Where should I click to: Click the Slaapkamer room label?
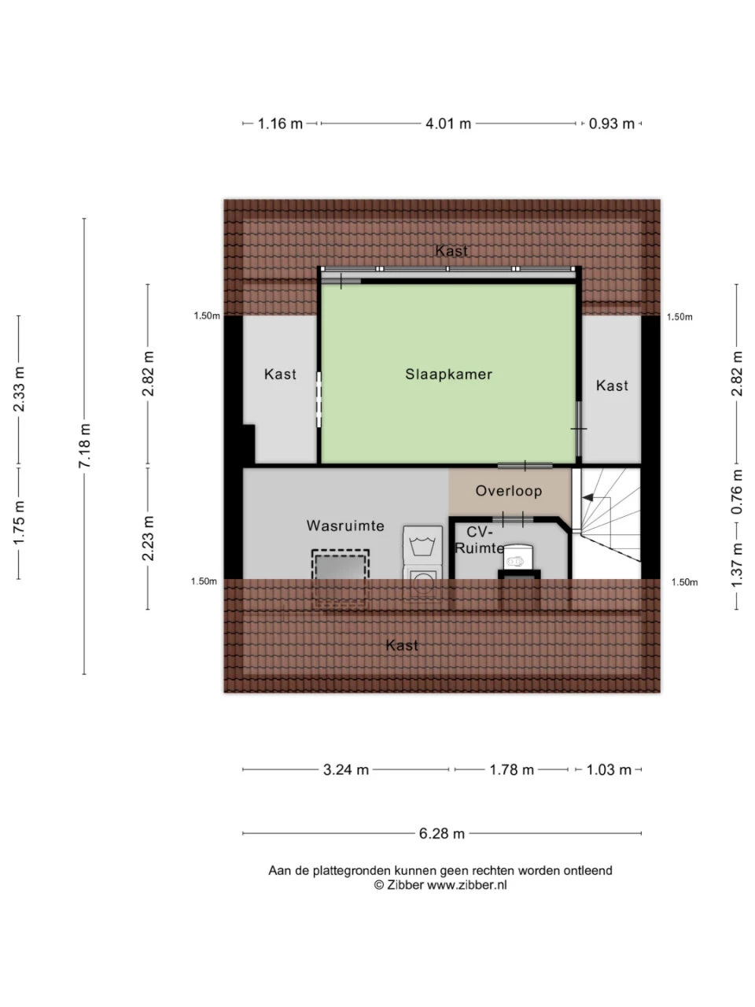coord(448,374)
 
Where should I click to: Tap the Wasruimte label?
coord(345,526)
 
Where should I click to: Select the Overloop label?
coord(508,491)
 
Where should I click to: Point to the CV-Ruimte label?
coord(480,540)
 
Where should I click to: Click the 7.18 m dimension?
coord(85,445)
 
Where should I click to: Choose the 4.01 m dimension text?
coord(447,124)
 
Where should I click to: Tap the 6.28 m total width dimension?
coord(441,833)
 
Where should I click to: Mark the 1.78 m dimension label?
coord(511,769)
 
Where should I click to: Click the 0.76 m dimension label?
coord(736,492)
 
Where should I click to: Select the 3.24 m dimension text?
coord(345,769)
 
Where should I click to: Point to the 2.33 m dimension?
coord(19,389)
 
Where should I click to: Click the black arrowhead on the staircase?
coord(587,497)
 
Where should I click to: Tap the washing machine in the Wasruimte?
coord(422,562)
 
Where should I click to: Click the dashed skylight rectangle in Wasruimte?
coord(340,579)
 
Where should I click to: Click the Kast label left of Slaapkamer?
coord(280,374)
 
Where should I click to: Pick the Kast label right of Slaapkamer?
coord(612,385)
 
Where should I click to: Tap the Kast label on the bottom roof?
coord(402,645)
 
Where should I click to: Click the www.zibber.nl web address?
coord(466,885)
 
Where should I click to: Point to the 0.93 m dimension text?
coord(612,124)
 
